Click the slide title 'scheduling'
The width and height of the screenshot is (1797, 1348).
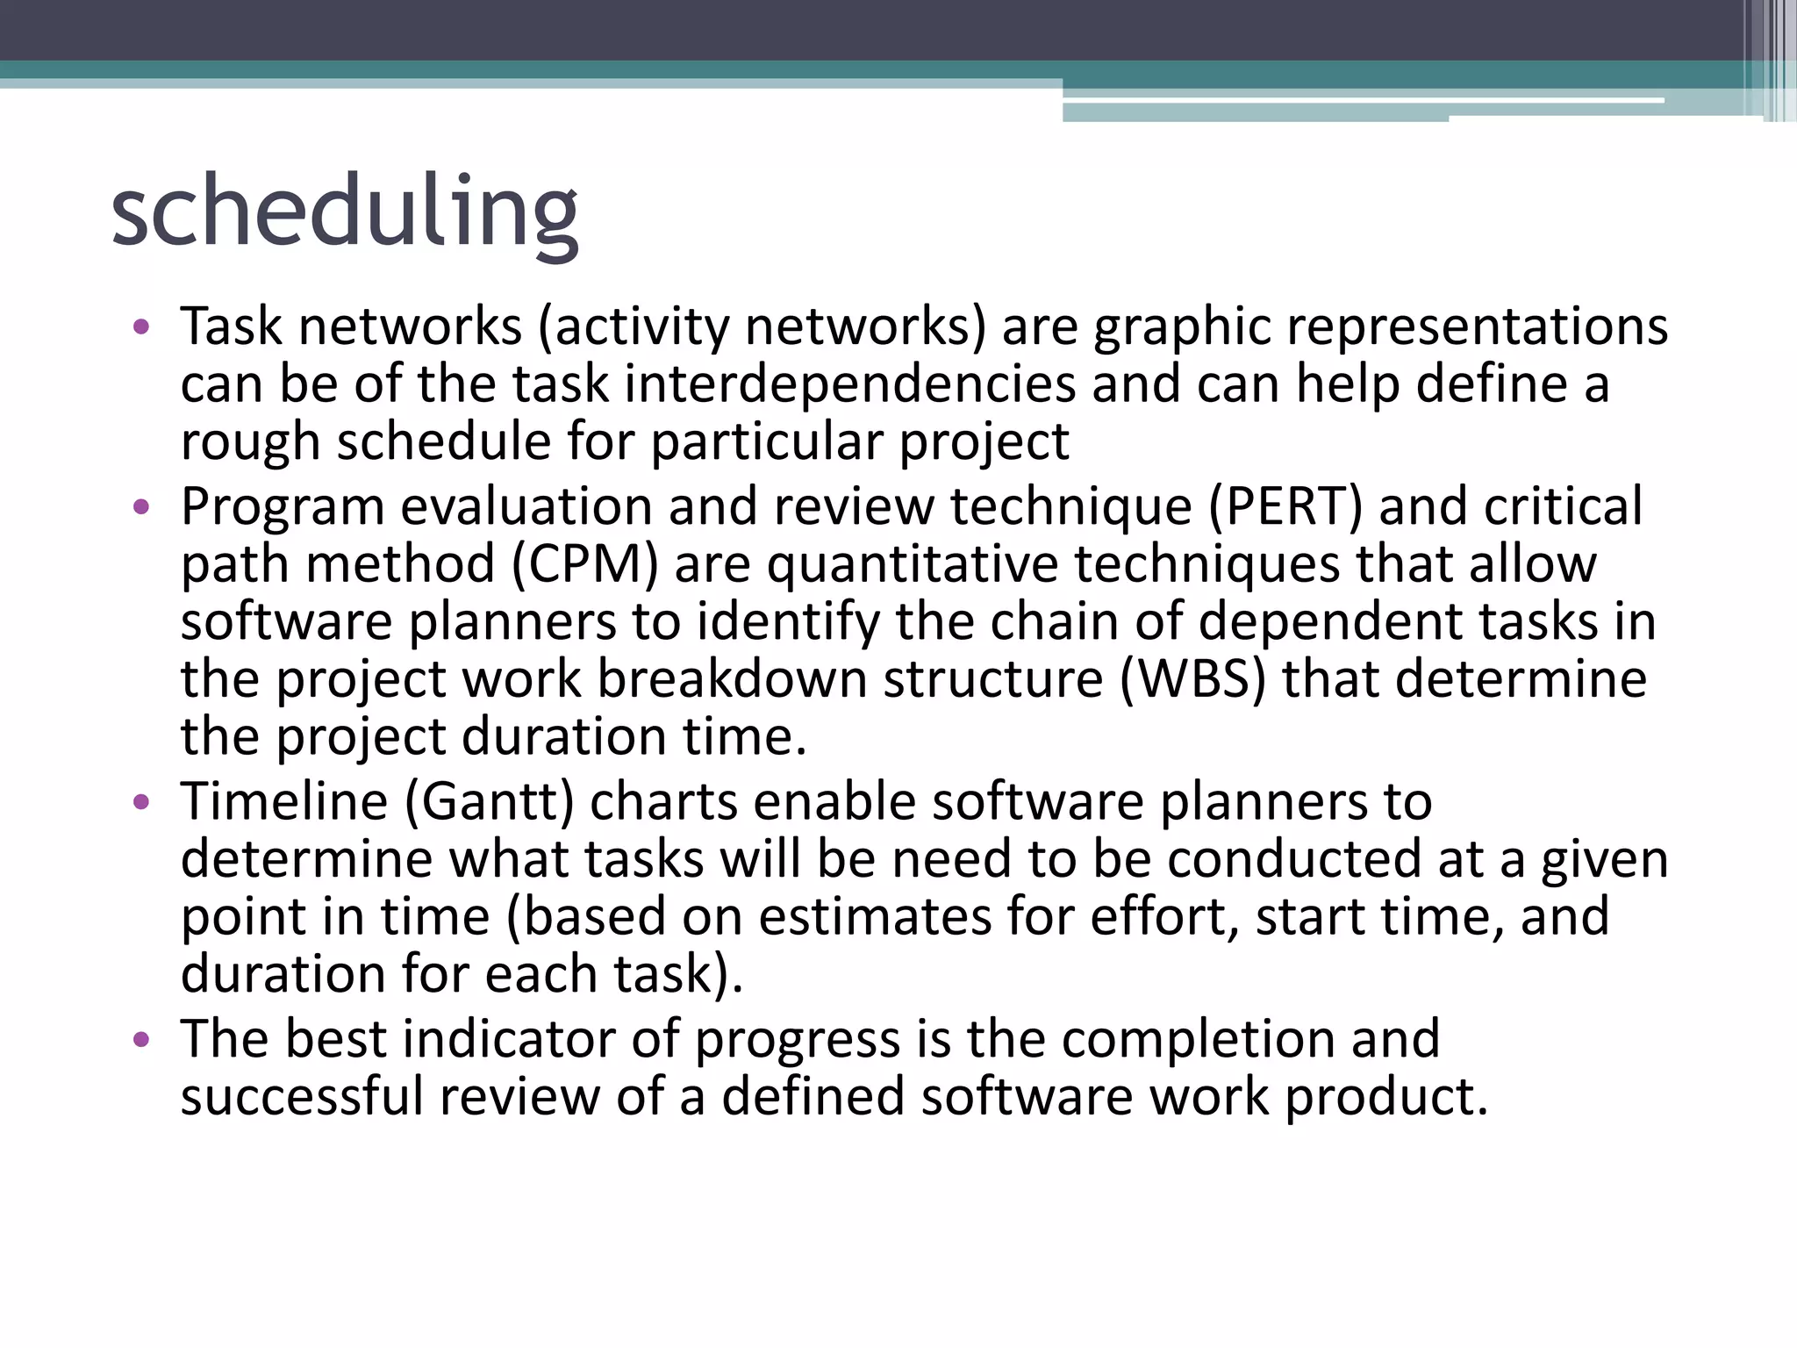(x=344, y=213)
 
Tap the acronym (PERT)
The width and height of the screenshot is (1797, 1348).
(x=1285, y=506)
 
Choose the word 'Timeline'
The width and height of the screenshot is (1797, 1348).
(x=284, y=802)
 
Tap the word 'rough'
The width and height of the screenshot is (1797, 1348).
(x=250, y=441)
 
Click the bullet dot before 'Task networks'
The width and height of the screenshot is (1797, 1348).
(x=141, y=328)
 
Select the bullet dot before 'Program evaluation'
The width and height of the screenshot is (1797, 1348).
(x=141, y=508)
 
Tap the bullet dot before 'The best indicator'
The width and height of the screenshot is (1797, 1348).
(x=141, y=1041)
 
